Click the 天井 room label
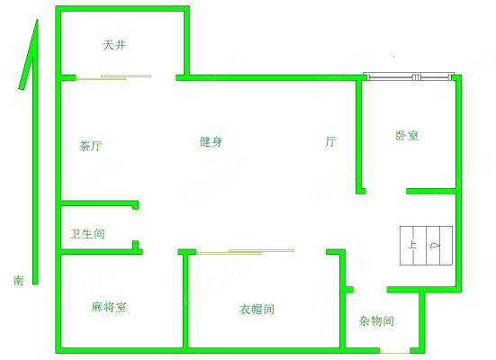tap(114, 45)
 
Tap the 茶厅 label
tap(91, 146)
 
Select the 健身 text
tap(211, 141)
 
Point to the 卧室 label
tap(407, 136)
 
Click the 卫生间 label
tap(87, 234)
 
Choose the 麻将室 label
tap(109, 307)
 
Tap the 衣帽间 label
tap(257, 309)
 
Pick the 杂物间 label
tap(376, 321)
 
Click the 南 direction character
tap(18, 280)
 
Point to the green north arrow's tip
tap(37, 20)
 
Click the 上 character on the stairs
tap(412, 245)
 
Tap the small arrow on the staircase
tap(434, 245)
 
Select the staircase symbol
tap(426, 246)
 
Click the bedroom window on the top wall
tap(409, 76)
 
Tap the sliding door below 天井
tap(113, 77)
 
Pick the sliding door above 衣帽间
tap(245, 252)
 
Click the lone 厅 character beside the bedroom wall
tap(331, 141)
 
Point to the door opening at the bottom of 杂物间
tap(395, 351)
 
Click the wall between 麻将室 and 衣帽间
tap(185, 301)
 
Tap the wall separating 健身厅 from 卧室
tap(358, 137)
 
